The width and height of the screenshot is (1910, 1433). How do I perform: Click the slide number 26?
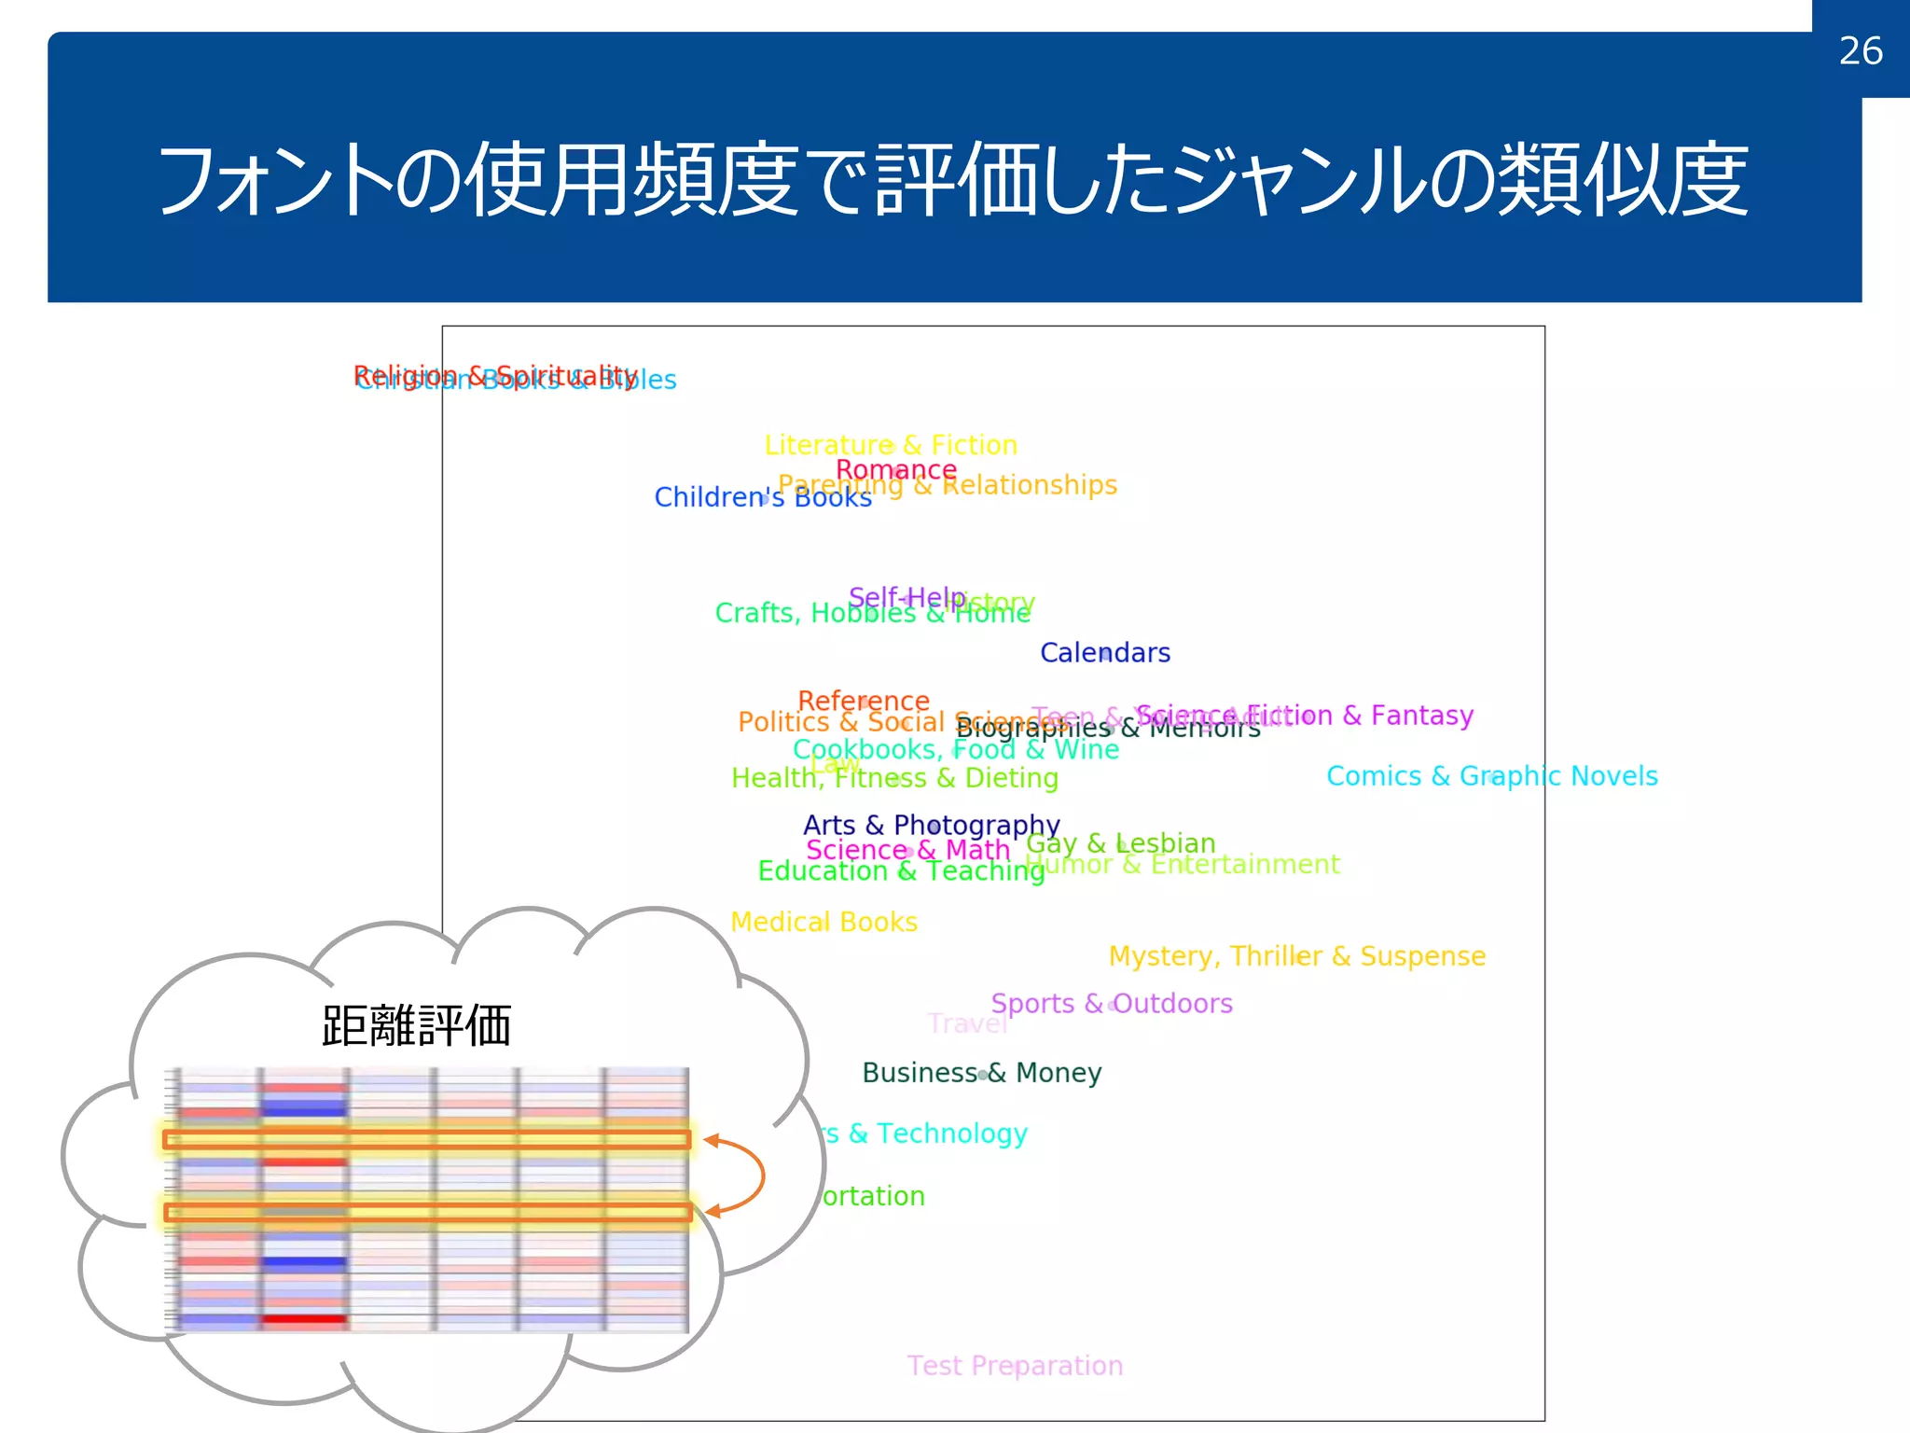(x=1861, y=51)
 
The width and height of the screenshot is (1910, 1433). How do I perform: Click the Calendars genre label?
(x=1105, y=653)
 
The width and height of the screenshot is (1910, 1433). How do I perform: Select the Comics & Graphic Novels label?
(x=1491, y=776)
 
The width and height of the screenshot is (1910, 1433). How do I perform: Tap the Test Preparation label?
(x=1015, y=1366)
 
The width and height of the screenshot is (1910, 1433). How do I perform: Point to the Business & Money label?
(x=981, y=1073)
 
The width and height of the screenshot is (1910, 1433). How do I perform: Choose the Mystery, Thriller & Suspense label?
(x=1296, y=956)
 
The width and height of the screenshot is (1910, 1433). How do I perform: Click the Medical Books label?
(x=824, y=923)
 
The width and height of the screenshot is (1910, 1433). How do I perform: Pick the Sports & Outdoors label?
(x=1112, y=1004)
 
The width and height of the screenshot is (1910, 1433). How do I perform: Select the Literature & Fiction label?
(x=891, y=445)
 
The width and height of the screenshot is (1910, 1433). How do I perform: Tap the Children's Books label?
(x=763, y=498)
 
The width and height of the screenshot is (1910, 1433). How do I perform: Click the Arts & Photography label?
(x=931, y=826)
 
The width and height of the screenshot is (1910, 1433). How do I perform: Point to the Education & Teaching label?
(x=901, y=871)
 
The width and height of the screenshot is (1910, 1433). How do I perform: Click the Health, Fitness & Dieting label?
(x=894, y=778)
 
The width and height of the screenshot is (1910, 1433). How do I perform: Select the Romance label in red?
(x=896, y=469)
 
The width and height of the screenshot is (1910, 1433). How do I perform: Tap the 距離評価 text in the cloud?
(x=416, y=1026)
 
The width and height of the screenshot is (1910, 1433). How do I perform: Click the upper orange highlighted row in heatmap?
(x=427, y=1139)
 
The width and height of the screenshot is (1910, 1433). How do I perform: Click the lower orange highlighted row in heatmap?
(x=427, y=1212)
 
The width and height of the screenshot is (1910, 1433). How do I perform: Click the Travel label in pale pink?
(x=968, y=1024)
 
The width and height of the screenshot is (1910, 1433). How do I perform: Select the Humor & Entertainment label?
(x=1183, y=865)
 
